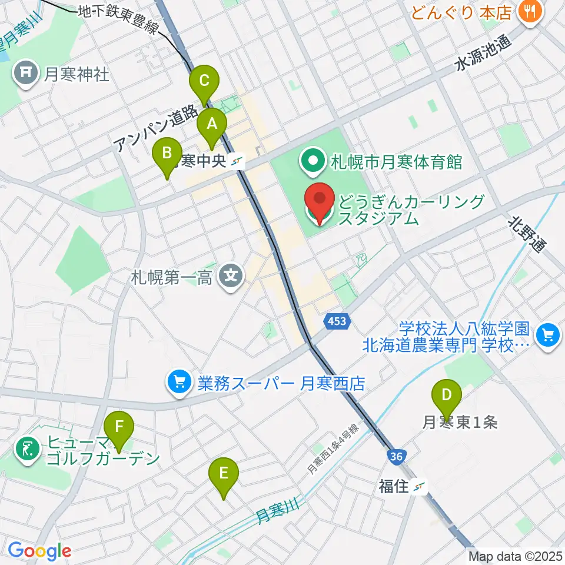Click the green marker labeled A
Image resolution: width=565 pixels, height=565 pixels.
tap(211, 125)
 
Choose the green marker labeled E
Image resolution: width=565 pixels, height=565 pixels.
tap(224, 474)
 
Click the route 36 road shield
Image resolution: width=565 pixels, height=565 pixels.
tap(395, 456)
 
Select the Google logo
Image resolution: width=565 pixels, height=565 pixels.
tap(39, 551)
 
